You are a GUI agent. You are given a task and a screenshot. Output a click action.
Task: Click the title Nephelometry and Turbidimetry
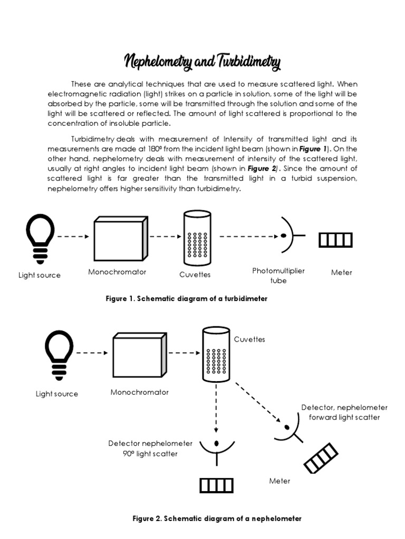pos(202,63)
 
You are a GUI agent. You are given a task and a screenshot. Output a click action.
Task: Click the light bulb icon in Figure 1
pos(40,239)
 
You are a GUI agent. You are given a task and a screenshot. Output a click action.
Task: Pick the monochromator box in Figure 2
pos(137,357)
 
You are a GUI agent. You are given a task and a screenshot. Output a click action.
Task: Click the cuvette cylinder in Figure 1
pos(196,238)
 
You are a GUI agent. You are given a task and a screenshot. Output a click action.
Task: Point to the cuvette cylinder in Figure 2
pos(216,354)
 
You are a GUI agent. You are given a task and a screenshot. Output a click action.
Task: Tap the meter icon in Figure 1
pos(335,240)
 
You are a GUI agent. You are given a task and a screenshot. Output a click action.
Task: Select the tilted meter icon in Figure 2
pos(321,457)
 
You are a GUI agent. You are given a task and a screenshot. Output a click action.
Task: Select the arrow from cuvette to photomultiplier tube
pos(248,236)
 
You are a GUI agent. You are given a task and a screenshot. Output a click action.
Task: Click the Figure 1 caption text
pos(187,298)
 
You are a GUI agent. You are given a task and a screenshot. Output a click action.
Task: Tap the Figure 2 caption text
pos(217,518)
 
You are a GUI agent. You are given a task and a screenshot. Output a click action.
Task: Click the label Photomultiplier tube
pos(278,275)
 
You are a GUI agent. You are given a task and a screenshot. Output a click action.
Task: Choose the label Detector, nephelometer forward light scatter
pos(344,412)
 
